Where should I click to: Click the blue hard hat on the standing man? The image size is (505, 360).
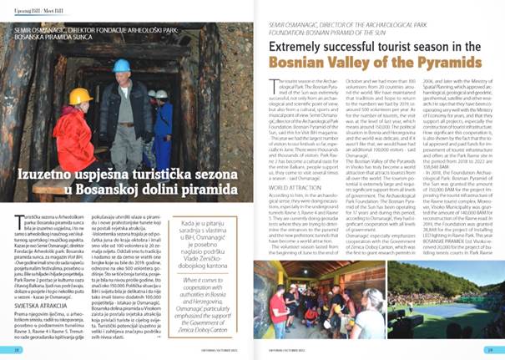121,65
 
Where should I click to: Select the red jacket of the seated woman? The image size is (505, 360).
75,137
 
